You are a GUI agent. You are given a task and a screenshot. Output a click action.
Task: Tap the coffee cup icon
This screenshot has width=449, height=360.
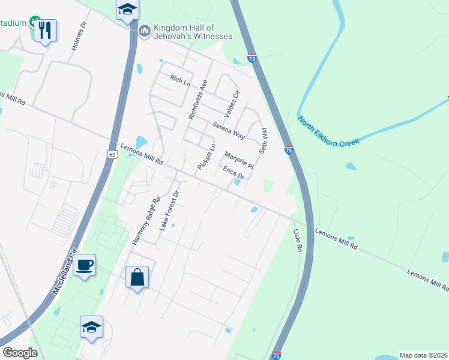click(x=85, y=265)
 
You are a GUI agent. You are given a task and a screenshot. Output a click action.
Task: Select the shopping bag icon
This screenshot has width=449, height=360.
click(x=137, y=277)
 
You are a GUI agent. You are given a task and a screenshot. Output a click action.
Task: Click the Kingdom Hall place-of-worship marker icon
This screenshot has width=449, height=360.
click(x=144, y=31)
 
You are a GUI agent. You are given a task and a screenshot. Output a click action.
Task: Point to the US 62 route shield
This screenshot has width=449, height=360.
click(x=112, y=155)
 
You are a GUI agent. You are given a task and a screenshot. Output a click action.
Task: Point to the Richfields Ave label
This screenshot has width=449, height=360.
click(x=197, y=100)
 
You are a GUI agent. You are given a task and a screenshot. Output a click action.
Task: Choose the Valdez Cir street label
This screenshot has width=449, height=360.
click(x=232, y=104)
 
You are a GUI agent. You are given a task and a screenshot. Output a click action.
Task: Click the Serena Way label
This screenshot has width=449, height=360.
click(x=228, y=130)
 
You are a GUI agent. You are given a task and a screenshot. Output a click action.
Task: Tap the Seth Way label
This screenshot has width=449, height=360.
click(x=262, y=140)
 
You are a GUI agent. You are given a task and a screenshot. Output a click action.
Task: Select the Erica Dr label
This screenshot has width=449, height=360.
click(x=234, y=173)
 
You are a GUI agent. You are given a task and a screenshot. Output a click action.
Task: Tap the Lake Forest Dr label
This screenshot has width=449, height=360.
click(x=169, y=211)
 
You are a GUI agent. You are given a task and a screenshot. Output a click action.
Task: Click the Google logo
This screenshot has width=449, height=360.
click(x=20, y=353)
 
